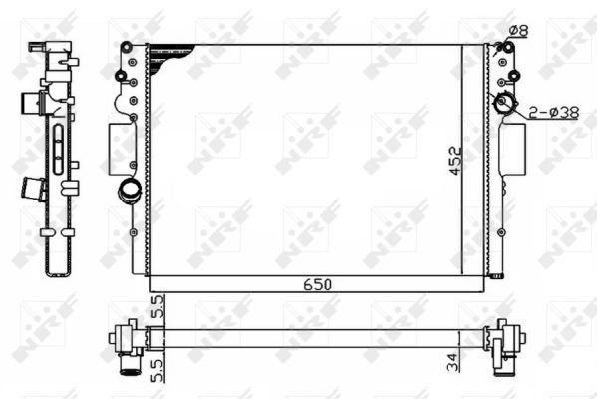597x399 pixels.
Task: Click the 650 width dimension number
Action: click(x=318, y=284)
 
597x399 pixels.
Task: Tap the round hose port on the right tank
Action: click(x=505, y=103)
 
